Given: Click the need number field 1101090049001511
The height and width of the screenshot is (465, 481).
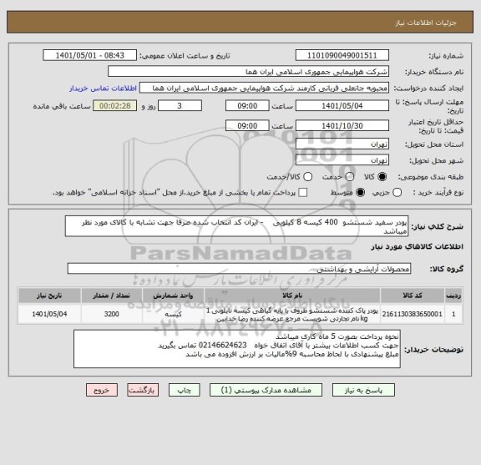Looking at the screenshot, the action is pos(348,56).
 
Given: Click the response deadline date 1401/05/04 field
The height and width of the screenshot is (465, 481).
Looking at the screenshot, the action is pos(348,107).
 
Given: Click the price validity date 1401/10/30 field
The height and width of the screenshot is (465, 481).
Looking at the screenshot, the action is pos(348,125).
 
